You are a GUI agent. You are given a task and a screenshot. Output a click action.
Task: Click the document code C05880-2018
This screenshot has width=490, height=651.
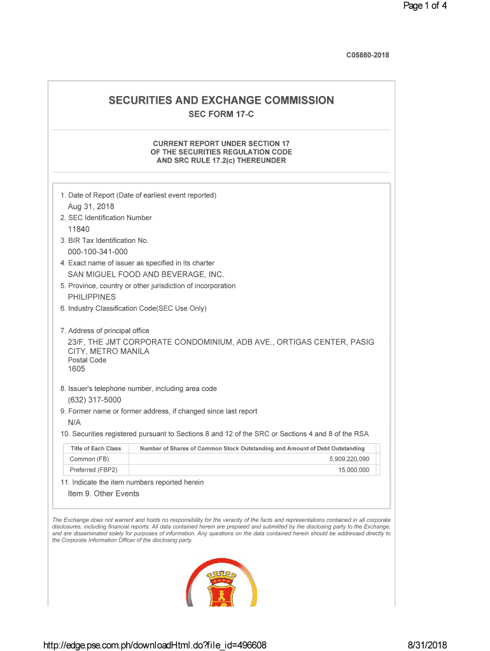367,55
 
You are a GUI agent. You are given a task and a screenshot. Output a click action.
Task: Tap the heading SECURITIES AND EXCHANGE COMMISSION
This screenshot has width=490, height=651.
221,100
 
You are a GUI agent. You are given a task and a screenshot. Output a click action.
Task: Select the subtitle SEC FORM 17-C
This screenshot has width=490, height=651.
221,115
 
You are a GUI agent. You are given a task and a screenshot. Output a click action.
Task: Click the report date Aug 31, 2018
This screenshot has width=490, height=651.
91,207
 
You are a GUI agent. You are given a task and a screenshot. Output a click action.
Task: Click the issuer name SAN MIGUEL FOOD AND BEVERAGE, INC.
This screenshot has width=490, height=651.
146,275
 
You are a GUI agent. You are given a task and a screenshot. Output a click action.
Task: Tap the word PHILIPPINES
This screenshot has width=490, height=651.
92,297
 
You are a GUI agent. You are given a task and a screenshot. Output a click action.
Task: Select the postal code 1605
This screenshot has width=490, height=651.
76,369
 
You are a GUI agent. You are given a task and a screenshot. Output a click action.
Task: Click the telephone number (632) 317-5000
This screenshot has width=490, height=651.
94,400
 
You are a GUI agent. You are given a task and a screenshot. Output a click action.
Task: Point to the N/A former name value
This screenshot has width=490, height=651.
74,422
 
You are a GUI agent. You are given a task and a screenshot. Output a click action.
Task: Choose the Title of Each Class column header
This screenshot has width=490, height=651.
95,448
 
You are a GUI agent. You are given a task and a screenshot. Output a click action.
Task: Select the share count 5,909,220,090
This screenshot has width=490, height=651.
349,459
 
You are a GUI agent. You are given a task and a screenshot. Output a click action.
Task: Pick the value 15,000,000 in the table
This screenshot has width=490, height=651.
353,470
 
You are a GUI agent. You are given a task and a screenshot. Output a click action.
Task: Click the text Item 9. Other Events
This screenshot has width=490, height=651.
103,494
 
